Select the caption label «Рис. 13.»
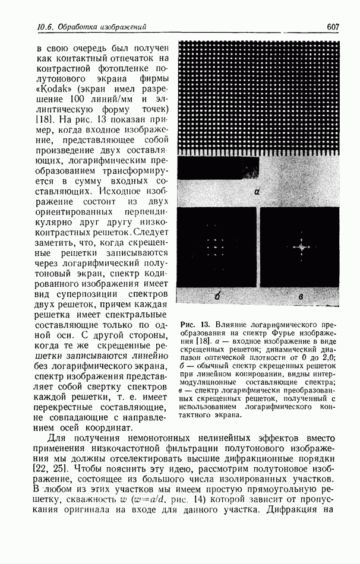coord(196,324)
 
